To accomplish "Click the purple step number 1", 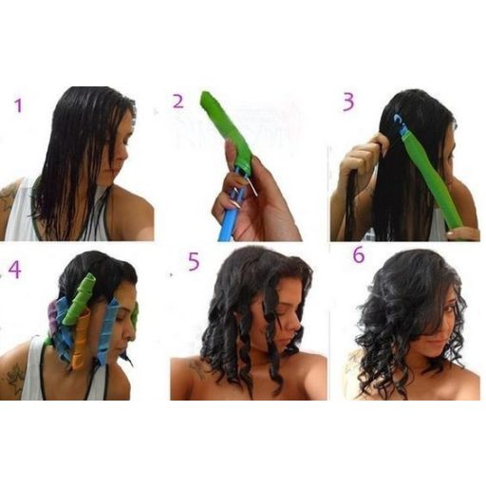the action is click(x=19, y=105).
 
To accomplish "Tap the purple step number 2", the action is click(x=178, y=101).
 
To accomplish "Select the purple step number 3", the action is click(x=348, y=102).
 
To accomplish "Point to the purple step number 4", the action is click(x=15, y=270).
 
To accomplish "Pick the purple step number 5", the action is click(x=194, y=261).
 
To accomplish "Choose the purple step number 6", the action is click(x=359, y=255).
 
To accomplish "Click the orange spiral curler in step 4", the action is click(x=80, y=342).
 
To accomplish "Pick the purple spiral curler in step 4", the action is click(x=52, y=316).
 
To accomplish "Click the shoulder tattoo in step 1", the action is click(x=9, y=196).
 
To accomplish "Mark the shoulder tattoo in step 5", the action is click(x=196, y=368).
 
